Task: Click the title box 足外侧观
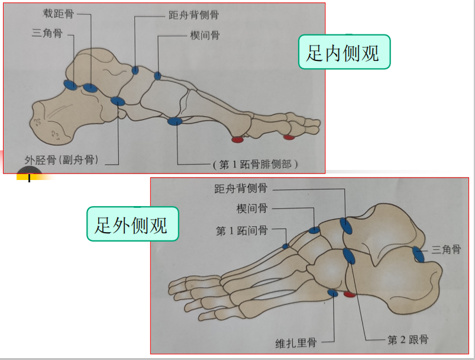pyautogui.click(x=133, y=224)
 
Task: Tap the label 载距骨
pyautogui.click(x=59, y=12)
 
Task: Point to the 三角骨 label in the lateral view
pyautogui.click(x=446, y=250)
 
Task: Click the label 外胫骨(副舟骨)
pyautogui.click(x=61, y=159)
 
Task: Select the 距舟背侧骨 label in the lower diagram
pyautogui.click(x=241, y=189)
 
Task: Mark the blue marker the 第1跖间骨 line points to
pyautogui.click(x=286, y=246)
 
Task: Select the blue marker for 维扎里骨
pyautogui.click(x=332, y=292)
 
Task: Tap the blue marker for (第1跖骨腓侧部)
pyautogui.click(x=175, y=121)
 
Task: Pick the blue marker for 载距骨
pyautogui.click(x=90, y=88)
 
